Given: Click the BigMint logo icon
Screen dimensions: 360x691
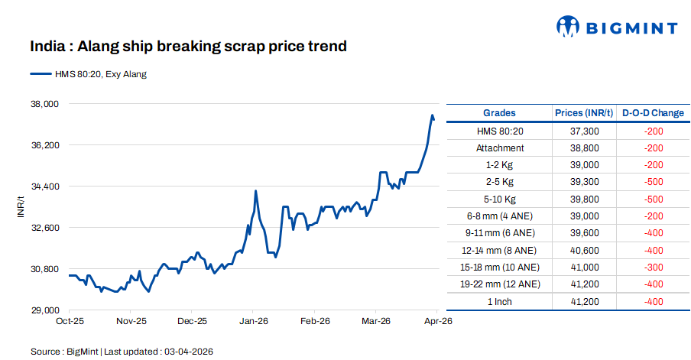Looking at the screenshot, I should (x=566, y=27).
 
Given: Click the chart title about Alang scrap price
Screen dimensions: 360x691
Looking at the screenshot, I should (x=188, y=47).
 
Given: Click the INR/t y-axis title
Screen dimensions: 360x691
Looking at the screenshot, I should (x=21, y=206).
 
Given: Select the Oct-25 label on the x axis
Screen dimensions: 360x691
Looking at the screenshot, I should (x=70, y=322).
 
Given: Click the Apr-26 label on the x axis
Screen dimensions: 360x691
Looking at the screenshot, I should (x=438, y=322).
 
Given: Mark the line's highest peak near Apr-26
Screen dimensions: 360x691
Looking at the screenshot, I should (x=433, y=115).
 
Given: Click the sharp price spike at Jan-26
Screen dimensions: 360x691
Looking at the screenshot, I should (x=255, y=191).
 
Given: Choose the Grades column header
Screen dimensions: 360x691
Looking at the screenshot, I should (x=499, y=113).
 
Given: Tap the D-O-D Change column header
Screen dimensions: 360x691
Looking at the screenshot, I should (x=653, y=113).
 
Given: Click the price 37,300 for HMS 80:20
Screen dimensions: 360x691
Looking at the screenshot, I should (x=584, y=131).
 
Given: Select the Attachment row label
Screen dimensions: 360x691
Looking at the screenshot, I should (x=500, y=148).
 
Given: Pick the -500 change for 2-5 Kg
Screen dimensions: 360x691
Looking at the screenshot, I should (x=654, y=182).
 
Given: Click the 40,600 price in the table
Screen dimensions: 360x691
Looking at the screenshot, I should (x=584, y=250).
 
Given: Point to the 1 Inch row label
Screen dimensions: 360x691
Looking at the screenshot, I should (x=500, y=301).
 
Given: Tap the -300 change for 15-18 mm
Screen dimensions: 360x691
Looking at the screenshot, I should (x=654, y=267).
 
